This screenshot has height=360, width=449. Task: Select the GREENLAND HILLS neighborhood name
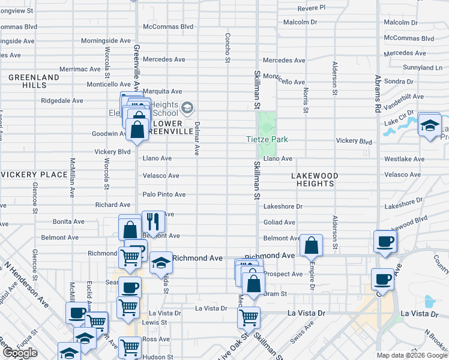[34, 82]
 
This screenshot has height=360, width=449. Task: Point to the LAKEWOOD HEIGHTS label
[315, 179]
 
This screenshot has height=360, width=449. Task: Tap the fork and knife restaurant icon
[153, 221]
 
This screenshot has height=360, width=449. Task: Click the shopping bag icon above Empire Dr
[311, 244]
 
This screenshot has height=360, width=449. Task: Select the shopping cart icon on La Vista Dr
[249, 316]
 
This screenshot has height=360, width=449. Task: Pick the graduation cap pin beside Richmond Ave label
[160, 262]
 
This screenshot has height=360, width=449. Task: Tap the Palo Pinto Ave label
[164, 194]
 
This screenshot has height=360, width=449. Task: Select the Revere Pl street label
[312, 8]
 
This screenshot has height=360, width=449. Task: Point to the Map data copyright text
[412, 355]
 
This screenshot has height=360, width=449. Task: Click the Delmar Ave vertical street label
[196, 137]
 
